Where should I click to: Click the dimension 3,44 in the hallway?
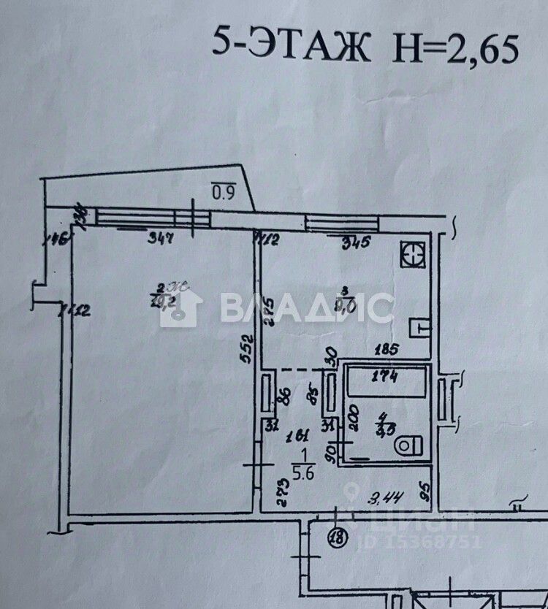tap(382, 499)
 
